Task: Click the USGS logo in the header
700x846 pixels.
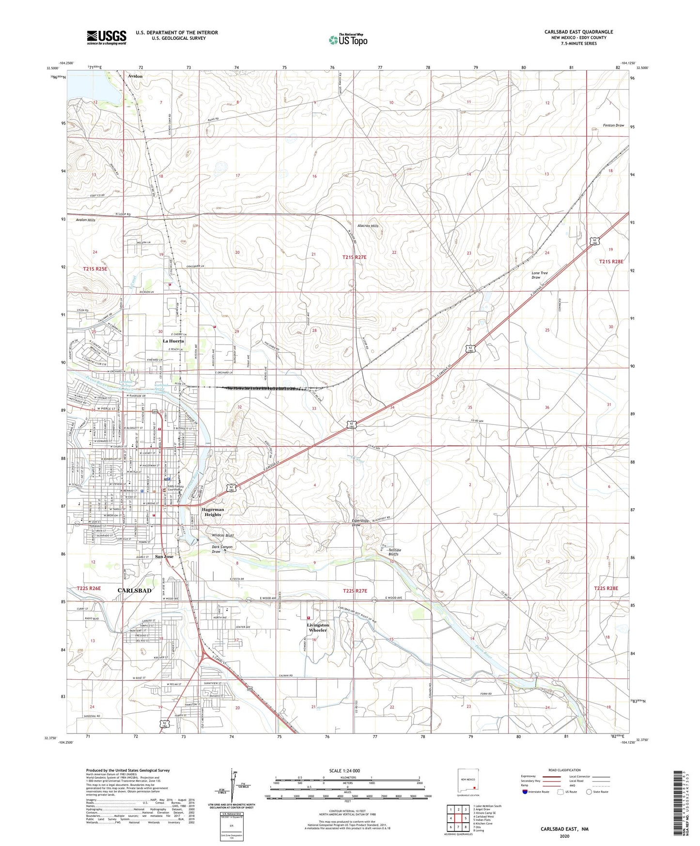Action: (107, 37)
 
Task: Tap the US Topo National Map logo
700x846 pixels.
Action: (348, 40)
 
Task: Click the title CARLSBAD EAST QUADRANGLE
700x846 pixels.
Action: (578, 32)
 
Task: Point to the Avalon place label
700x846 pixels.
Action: (135, 76)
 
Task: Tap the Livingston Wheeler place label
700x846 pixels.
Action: (318, 627)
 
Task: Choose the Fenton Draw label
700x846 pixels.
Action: (613, 125)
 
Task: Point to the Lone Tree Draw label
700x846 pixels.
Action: (540, 275)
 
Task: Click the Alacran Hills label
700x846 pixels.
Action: (368, 226)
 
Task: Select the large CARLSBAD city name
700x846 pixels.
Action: (135, 591)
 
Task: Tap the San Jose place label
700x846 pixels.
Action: (164, 557)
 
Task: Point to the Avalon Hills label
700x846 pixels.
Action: (86, 220)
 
